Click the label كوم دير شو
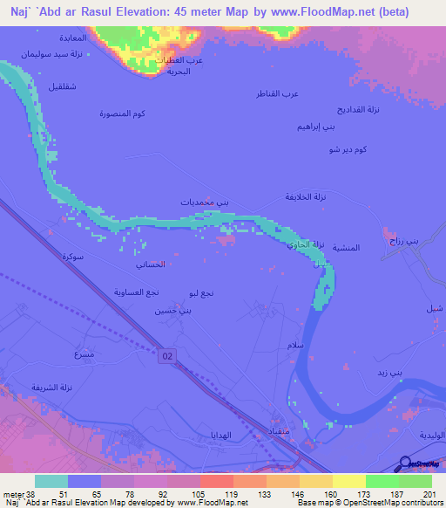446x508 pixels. point(348,150)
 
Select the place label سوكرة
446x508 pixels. point(72,257)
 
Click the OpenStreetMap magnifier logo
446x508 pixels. point(407,464)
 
